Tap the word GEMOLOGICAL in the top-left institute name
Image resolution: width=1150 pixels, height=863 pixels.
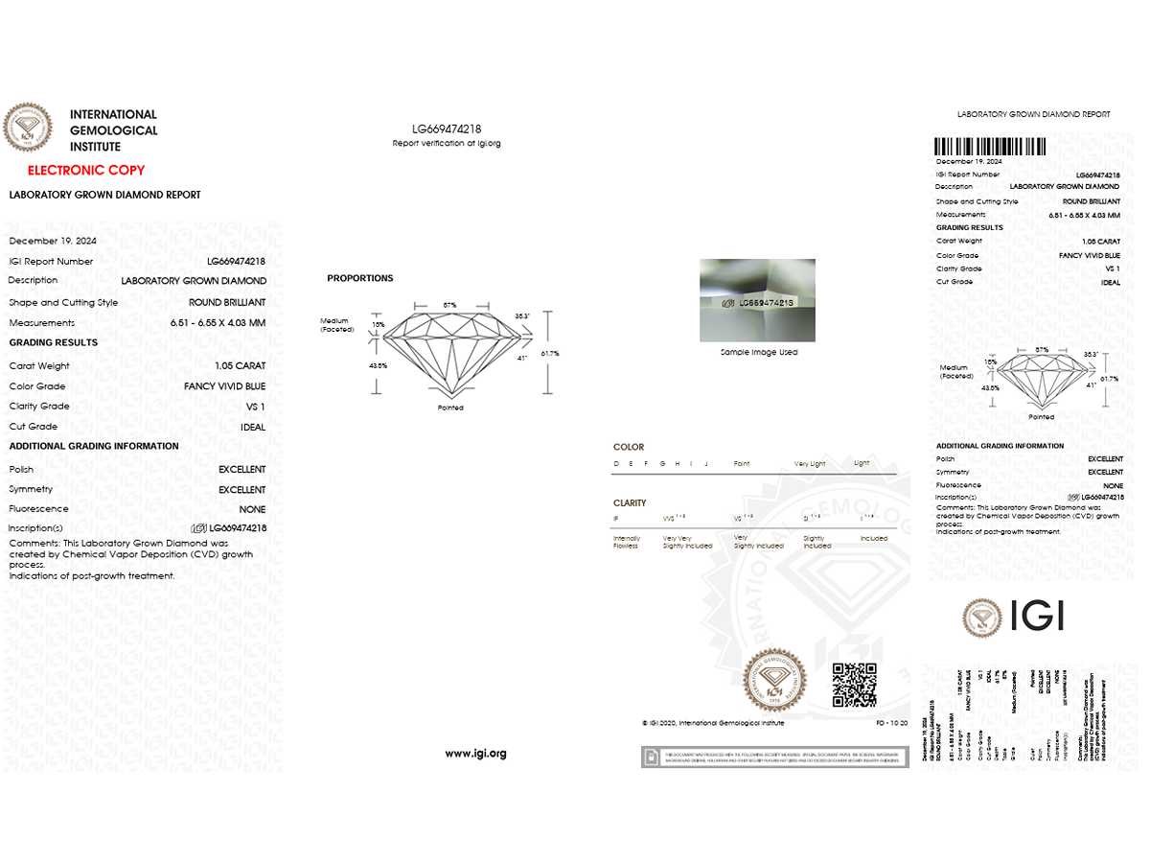(x=113, y=130)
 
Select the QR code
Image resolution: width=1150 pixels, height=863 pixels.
(x=854, y=685)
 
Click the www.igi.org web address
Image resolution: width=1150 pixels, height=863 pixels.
(x=475, y=753)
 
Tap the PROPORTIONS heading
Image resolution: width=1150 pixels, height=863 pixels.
(x=360, y=278)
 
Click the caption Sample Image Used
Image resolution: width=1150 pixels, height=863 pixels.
(x=758, y=352)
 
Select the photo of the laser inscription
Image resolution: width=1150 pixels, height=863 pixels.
(x=758, y=300)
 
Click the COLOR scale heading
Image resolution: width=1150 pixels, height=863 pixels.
(x=629, y=447)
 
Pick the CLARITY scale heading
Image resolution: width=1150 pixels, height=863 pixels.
(x=630, y=502)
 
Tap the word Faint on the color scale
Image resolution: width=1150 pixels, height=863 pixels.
(x=741, y=463)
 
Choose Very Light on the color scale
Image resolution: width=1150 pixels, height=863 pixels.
(x=810, y=463)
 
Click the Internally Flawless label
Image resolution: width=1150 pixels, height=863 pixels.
(x=627, y=542)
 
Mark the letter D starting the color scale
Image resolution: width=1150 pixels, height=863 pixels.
(x=616, y=463)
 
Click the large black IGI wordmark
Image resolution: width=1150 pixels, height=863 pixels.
(x=1037, y=617)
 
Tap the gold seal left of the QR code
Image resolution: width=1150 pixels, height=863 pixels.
(x=775, y=679)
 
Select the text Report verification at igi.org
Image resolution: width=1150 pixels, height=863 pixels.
(x=447, y=143)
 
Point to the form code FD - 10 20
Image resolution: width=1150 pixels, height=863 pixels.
(x=891, y=723)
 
